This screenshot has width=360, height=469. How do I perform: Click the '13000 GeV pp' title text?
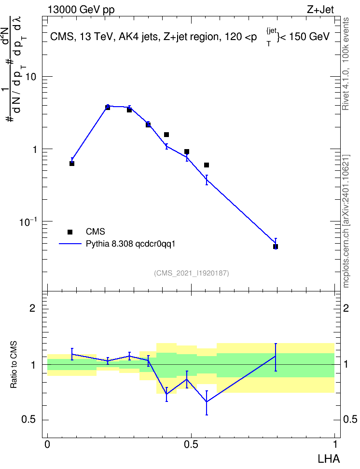pyautogui.click(x=81, y=10)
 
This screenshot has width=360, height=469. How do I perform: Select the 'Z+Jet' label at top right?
pyautogui.click(x=320, y=10)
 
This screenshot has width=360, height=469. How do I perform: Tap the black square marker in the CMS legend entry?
pyautogui.click(x=70, y=232)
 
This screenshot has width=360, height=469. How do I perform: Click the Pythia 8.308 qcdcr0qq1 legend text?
pyautogui.click(x=130, y=244)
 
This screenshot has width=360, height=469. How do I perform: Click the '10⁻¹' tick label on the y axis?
pyautogui.click(x=28, y=221)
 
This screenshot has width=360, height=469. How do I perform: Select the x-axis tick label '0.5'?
pyautogui.click(x=191, y=444)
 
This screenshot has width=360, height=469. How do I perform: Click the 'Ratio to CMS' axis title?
pyautogui.click(x=14, y=365)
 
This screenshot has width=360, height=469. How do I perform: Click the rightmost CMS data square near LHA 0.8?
pyautogui.click(x=276, y=247)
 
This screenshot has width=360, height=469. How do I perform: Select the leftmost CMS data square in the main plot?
pyautogui.click(x=72, y=164)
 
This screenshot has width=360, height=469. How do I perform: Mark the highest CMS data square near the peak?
pyautogui.click(x=108, y=108)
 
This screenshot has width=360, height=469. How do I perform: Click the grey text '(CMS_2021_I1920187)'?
pyautogui.click(x=192, y=273)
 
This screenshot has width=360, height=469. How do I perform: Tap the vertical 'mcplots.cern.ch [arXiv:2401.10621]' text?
pyautogui.click(x=346, y=221)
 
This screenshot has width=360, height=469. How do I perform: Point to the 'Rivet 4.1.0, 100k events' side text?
pyautogui.click(x=346, y=64)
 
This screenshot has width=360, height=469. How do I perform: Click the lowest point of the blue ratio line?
pyautogui.click(x=207, y=402)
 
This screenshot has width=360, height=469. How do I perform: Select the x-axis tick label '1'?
pyautogui.click(x=335, y=444)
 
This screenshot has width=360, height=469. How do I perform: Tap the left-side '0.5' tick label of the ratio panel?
pyautogui.click(x=28, y=420)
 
